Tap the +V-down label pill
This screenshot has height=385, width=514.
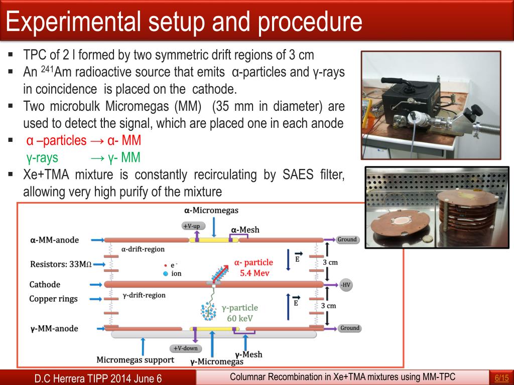tap(185, 348)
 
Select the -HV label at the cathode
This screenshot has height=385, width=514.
tap(345, 285)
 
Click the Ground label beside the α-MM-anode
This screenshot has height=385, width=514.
tap(347, 240)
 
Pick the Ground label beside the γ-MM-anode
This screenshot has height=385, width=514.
tap(349, 328)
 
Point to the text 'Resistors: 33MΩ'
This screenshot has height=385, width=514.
tap(61, 264)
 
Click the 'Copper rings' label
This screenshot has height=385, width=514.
tap(54, 299)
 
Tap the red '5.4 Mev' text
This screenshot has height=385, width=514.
tap(253, 274)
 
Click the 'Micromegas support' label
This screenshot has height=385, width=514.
tap(135, 359)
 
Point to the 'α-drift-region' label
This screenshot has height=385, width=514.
tap(143, 249)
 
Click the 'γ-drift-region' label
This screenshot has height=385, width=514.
tap(144, 295)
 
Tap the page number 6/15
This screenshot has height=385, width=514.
tap(501, 377)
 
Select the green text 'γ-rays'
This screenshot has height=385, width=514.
tap(42, 158)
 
